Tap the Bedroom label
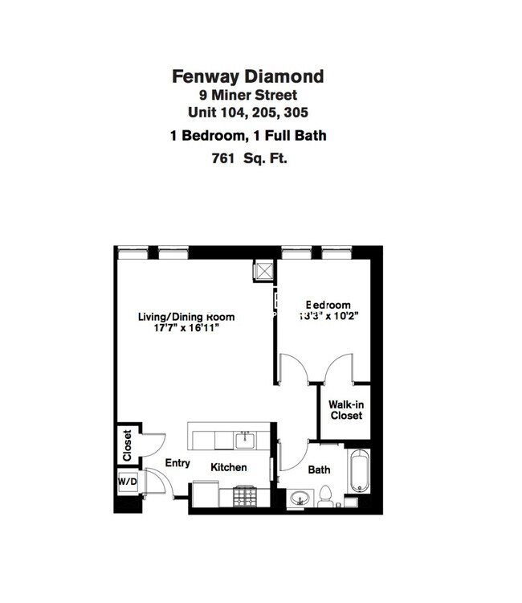[327, 306]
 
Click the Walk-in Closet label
[345, 410]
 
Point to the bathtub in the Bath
[358, 472]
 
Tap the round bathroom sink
[300, 499]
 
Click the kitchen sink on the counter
[244, 440]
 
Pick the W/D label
[127, 482]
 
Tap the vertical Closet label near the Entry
[127, 445]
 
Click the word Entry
[177, 463]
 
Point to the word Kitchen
[229, 467]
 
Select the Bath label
[319, 470]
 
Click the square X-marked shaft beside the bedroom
[263, 271]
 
